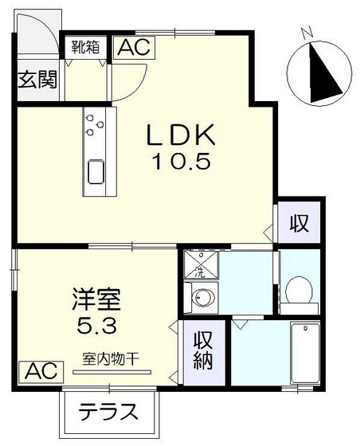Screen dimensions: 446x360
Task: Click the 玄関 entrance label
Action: (37, 80)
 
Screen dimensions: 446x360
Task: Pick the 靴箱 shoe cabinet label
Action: (85, 46)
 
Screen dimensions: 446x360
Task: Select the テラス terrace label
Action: (110, 413)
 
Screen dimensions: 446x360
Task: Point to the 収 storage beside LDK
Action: (299, 223)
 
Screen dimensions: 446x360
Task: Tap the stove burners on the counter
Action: (96, 124)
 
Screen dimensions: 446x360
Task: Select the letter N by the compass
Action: (307, 33)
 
